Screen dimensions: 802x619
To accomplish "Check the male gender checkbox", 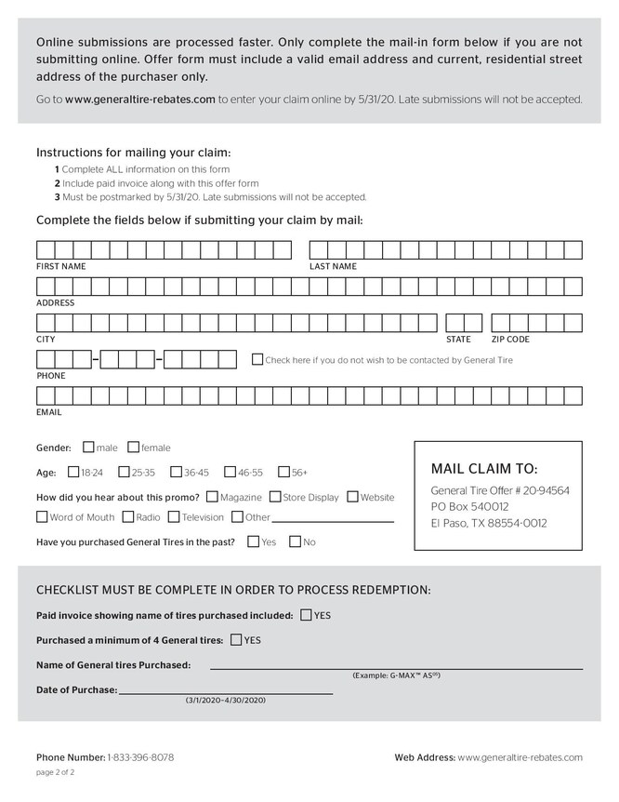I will (x=88, y=447).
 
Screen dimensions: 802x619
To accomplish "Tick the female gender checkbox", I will (x=133, y=447).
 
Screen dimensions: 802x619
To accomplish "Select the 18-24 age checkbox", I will (x=72, y=472).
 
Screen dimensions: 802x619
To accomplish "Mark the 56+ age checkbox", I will (x=283, y=472).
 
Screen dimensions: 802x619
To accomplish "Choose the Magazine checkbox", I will (x=213, y=497).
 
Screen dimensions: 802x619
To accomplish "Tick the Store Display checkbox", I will (x=275, y=497).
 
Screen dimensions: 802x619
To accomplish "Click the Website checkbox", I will (x=352, y=497).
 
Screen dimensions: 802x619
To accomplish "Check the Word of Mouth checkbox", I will (x=42, y=517).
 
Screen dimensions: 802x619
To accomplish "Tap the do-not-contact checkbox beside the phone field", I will (x=257, y=359).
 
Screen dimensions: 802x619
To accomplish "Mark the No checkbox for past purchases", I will (x=295, y=541).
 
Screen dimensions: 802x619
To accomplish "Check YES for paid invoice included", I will (x=306, y=615).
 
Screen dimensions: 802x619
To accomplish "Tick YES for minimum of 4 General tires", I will (x=235, y=639).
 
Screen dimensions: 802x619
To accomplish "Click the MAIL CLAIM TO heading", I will (x=484, y=468).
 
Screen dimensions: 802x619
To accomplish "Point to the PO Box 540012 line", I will (x=469, y=506).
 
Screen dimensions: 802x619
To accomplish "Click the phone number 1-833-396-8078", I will (x=140, y=757).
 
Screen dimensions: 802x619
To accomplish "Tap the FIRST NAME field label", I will (x=61, y=266).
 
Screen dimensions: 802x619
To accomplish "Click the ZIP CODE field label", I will (x=510, y=340).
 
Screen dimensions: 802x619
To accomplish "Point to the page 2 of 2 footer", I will (x=56, y=772).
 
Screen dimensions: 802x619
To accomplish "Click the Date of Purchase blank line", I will (x=226, y=693).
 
